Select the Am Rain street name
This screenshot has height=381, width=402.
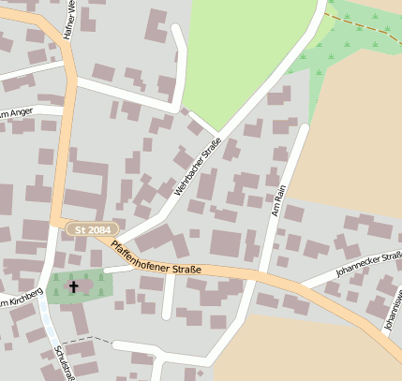click(x=276, y=201)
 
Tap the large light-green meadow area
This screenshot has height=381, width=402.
click(x=248, y=56)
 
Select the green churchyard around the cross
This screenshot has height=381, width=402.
click(x=94, y=285)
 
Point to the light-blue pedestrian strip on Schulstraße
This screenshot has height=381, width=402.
click(x=46, y=323)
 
